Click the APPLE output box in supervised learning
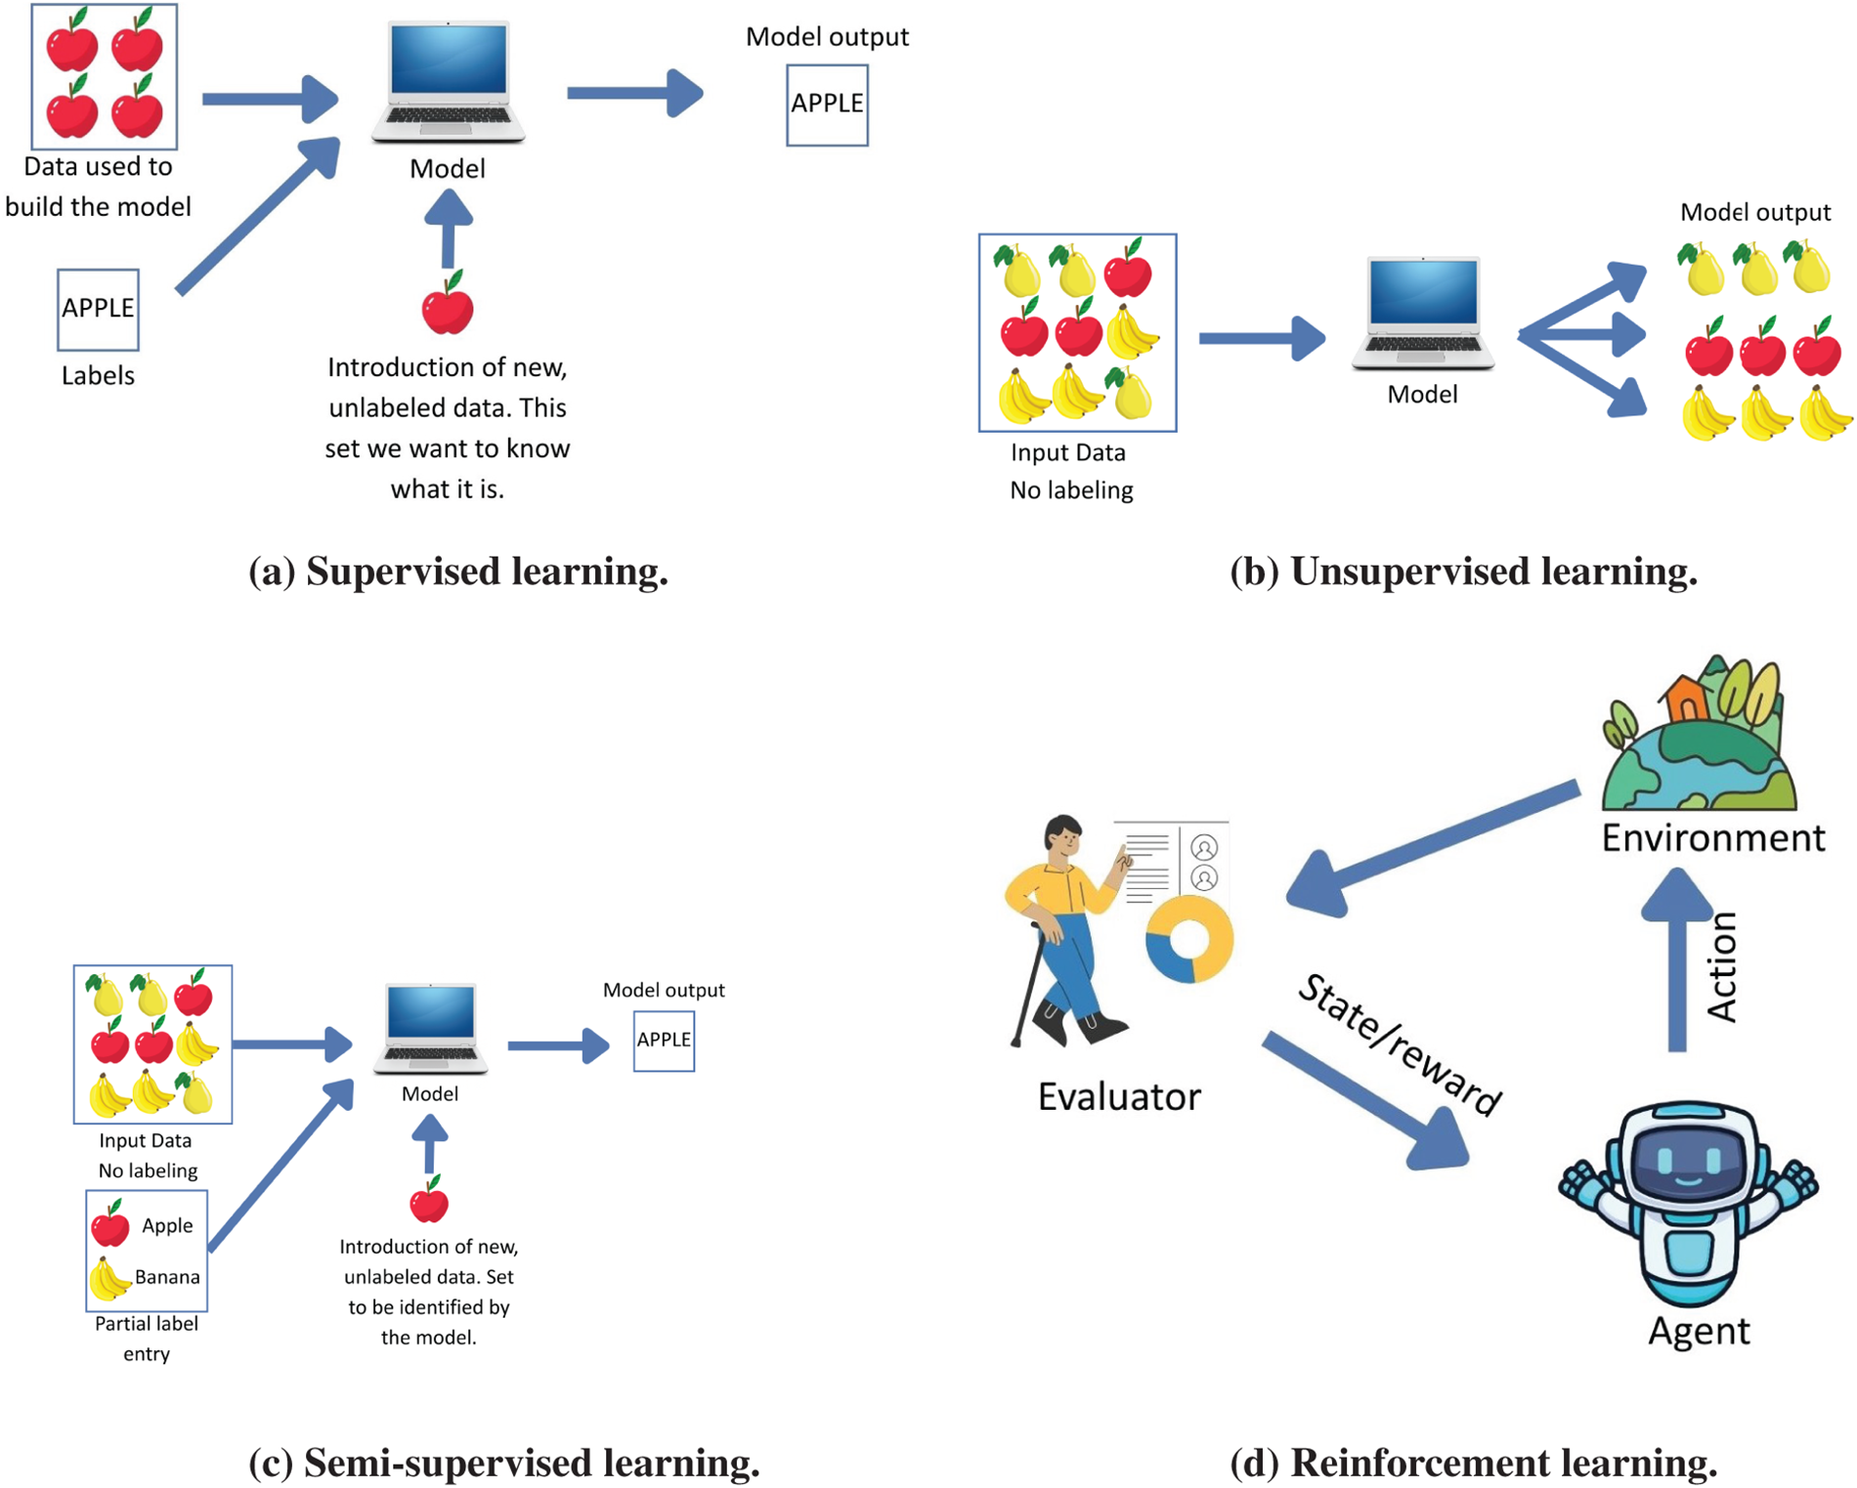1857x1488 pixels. (x=827, y=105)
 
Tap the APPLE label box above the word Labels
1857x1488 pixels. (x=98, y=309)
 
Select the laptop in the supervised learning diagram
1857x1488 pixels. (x=448, y=83)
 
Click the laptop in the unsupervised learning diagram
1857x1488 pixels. (x=1422, y=313)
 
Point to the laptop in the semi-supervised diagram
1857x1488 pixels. (x=430, y=1029)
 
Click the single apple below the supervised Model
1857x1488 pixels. (x=448, y=303)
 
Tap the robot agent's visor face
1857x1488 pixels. (x=1688, y=1164)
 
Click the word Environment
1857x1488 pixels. (x=1712, y=838)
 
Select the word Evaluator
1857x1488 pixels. (x=1119, y=1097)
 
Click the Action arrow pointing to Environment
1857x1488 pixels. (x=1677, y=959)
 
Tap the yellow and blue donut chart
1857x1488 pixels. (x=1189, y=940)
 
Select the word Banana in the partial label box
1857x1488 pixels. (x=167, y=1277)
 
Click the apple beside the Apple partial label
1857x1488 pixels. (x=110, y=1223)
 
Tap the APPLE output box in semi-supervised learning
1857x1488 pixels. (x=664, y=1040)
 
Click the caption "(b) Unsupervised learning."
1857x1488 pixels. (x=1463, y=572)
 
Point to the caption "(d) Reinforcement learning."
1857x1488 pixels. (x=1473, y=1463)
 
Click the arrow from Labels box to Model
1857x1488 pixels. (x=258, y=215)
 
